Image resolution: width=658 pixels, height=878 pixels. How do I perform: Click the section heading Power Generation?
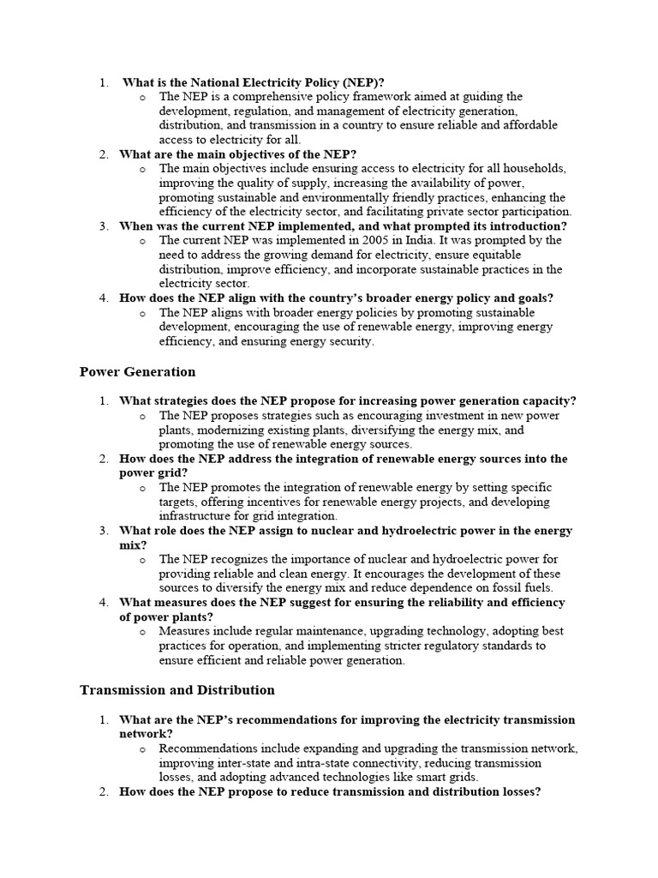137,372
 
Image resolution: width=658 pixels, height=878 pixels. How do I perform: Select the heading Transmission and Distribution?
177,689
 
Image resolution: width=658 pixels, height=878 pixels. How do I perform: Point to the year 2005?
368,240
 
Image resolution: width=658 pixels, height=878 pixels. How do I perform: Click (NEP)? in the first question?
354,82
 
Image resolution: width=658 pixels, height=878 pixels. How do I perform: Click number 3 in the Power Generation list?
104,531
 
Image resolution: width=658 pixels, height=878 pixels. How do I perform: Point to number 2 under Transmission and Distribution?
104,791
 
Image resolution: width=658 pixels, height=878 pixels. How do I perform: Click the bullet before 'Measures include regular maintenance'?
142,632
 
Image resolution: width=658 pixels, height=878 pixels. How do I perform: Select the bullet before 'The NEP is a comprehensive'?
142,98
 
